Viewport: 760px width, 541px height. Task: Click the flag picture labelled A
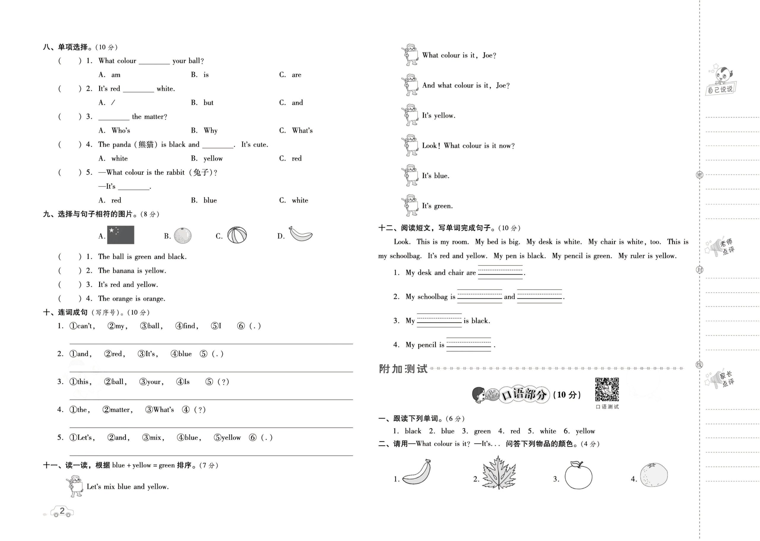click(x=121, y=235)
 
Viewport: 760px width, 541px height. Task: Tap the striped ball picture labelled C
click(x=237, y=235)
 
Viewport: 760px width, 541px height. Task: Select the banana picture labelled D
click(x=301, y=234)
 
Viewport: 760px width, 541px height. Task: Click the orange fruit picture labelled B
click(x=183, y=235)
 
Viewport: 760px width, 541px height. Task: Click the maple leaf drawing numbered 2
click(x=498, y=473)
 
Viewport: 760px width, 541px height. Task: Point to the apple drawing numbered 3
click(x=578, y=475)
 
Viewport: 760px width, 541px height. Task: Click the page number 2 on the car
click(x=62, y=511)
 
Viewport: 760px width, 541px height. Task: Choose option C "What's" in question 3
click(x=302, y=131)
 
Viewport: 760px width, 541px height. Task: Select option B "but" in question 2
click(x=208, y=103)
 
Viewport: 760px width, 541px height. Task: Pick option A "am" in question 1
click(x=115, y=75)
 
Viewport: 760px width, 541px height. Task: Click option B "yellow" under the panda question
click(x=213, y=159)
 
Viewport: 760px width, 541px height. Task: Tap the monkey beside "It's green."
click(x=410, y=205)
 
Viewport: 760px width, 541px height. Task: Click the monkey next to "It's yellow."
click(x=410, y=115)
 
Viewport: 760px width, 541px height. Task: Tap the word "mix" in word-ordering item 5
click(x=155, y=438)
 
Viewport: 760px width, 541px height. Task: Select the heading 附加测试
click(x=403, y=369)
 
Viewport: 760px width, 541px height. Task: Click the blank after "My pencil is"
click(x=468, y=344)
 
